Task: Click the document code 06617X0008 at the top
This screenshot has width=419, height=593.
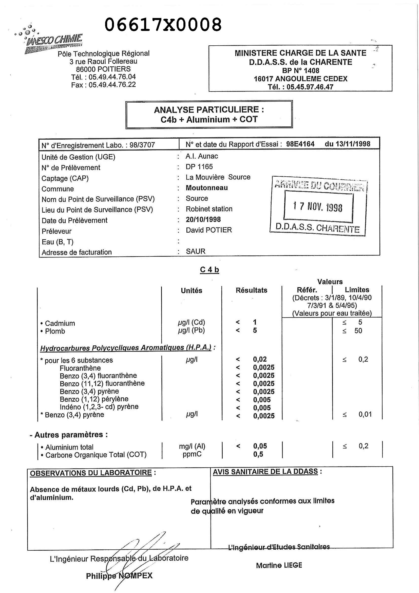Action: (x=163, y=25)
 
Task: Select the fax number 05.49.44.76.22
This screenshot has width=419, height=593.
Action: (x=112, y=85)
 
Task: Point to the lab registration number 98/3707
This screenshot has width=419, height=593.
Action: (x=142, y=145)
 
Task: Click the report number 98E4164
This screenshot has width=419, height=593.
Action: (x=300, y=144)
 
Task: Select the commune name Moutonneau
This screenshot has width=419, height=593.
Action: (x=206, y=188)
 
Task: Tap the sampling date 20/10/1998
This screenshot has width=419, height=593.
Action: (x=203, y=219)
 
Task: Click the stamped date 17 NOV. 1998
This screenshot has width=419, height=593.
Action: (x=318, y=207)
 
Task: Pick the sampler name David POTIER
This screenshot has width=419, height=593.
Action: (x=208, y=230)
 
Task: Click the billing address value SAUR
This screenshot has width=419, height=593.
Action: (x=195, y=251)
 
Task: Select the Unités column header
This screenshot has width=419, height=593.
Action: (x=191, y=291)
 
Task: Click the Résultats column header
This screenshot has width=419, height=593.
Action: (x=251, y=290)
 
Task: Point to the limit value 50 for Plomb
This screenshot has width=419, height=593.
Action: (x=358, y=331)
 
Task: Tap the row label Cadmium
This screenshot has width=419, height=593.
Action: (x=60, y=323)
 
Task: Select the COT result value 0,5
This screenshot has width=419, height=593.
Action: (x=258, y=454)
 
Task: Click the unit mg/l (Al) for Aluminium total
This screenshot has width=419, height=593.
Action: (x=192, y=446)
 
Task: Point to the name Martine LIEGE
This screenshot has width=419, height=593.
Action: (x=279, y=565)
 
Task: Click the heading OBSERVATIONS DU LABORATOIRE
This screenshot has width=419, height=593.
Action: (x=91, y=473)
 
